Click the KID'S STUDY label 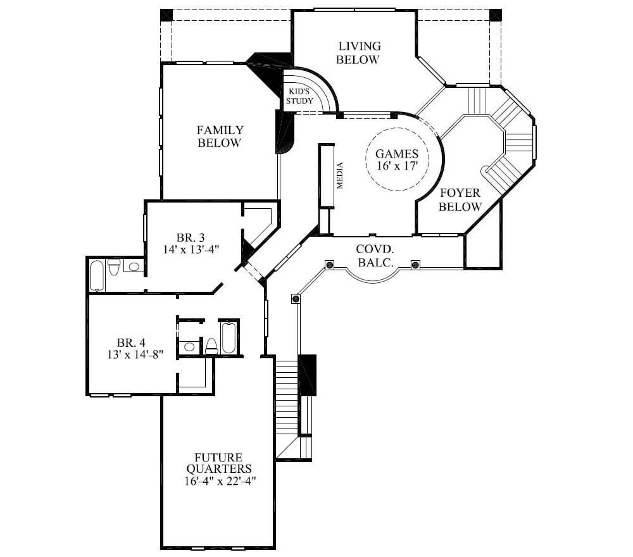[x=299, y=96]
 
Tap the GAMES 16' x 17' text [x=397, y=159]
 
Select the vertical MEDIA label [x=340, y=176]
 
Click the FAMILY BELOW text [x=220, y=137]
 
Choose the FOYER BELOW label [x=460, y=200]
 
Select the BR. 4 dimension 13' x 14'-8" [x=135, y=354]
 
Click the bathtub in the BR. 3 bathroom [x=97, y=275]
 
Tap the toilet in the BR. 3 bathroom [x=115, y=267]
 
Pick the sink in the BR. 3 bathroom [x=133, y=266]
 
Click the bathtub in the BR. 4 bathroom [x=229, y=338]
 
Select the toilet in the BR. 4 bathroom [x=211, y=346]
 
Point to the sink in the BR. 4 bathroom [x=189, y=347]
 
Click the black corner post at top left [x=166, y=15]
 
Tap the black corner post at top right [x=495, y=15]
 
